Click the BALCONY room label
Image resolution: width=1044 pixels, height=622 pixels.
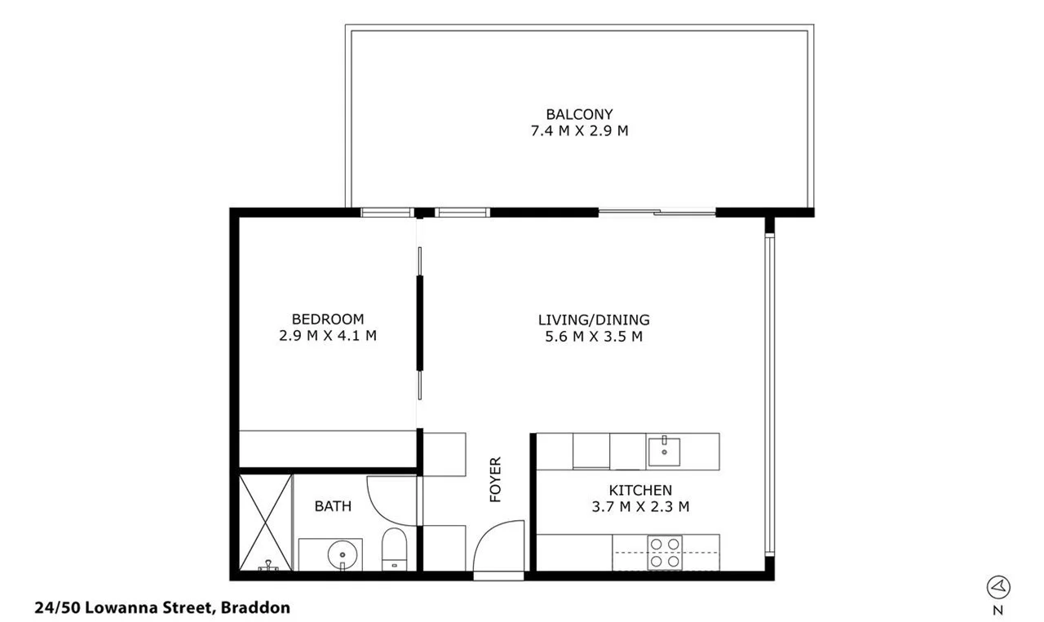579,114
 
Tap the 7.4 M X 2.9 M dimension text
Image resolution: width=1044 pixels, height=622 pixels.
579,130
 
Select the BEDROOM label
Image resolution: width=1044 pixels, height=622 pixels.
328,319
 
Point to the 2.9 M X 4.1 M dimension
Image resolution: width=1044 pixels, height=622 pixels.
328,335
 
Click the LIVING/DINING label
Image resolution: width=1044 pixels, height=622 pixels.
594,320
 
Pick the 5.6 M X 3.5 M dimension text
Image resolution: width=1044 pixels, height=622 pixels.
594,336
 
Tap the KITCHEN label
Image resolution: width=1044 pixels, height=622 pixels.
640,490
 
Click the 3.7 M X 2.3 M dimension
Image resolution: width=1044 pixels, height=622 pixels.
640,506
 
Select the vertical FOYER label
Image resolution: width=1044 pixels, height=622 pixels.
495,479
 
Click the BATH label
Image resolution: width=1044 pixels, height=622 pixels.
333,506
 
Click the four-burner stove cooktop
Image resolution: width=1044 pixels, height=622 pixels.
664,552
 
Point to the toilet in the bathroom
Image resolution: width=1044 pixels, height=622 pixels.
394,548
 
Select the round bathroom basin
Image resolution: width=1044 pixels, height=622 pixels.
342,555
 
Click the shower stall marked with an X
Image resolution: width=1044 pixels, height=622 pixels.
265,522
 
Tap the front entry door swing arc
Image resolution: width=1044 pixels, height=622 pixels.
496,546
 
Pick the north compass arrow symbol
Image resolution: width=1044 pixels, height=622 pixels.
998,586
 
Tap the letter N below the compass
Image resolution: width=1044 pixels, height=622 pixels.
998,609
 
